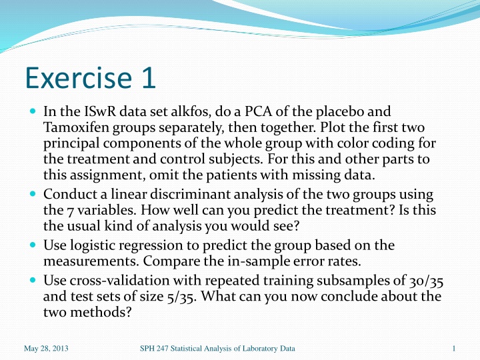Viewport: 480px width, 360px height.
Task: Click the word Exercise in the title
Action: [79, 77]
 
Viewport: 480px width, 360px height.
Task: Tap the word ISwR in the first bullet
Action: [100, 111]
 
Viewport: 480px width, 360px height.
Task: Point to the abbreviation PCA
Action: [258, 111]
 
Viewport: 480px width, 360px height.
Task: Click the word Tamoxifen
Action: [76, 127]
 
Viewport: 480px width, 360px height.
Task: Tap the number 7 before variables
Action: [70, 211]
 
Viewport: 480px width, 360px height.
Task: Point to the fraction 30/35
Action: [426, 281]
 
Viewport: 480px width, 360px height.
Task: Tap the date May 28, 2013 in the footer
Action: [46, 349]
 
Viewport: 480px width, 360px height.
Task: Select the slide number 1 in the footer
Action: [454, 349]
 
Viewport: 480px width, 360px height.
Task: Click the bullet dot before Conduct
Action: [33, 193]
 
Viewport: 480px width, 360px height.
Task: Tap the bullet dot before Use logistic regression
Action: [33, 245]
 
